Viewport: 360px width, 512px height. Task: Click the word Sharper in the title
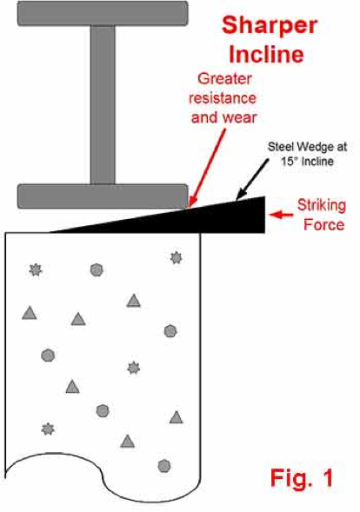(x=270, y=26)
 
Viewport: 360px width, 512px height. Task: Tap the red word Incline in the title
(x=266, y=54)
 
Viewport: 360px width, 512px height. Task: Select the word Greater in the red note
(x=224, y=80)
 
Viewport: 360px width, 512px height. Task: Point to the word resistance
(x=223, y=98)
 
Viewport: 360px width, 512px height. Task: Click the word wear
(x=240, y=118)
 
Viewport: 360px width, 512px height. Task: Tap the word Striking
(x=322, y=206)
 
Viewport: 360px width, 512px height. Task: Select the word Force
(x=323, y=225)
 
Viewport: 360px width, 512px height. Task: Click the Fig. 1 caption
(x=302, y=478)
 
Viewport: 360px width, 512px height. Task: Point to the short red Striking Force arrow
(x=281, y=215)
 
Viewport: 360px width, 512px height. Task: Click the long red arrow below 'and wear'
(x=208, y=168)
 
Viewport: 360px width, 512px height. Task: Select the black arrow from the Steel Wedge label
(x=252, y=179)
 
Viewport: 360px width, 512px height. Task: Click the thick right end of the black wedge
(x=263, y=215)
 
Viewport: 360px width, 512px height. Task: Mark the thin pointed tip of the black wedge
(x=50, y=232)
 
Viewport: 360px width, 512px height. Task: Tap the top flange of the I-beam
(x=103, y=13)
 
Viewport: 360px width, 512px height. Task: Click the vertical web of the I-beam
(x=103, y=105)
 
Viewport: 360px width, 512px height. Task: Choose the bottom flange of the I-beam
(x=103, y=196)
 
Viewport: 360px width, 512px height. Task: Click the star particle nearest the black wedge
(x=177, y=258)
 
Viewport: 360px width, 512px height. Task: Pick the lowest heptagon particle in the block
(x=164, y=466)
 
